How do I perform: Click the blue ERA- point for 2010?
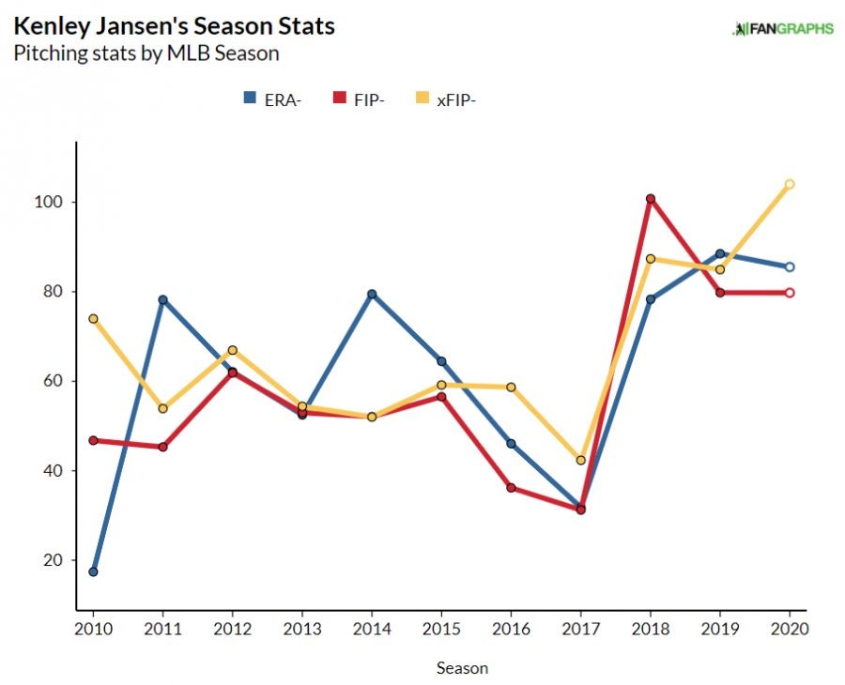94,571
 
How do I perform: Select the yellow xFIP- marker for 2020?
790,184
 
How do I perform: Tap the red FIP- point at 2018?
651,199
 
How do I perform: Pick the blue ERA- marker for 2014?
372,294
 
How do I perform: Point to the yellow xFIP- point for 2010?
94,319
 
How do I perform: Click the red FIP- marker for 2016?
511,488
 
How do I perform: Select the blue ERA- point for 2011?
163,300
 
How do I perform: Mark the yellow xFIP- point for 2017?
581,461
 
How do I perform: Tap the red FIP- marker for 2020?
790,293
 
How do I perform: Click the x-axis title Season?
462,668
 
